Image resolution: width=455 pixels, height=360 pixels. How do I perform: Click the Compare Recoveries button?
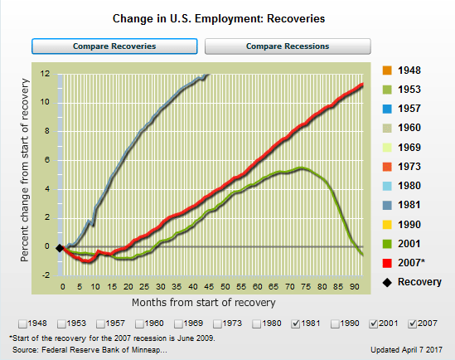coord(114,46)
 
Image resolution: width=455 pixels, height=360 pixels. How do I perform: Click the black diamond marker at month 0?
coord(60,247)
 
